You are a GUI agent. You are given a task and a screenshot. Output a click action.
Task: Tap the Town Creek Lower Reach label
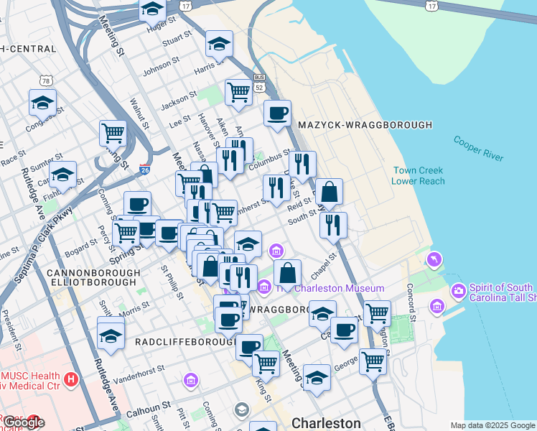point(418,175)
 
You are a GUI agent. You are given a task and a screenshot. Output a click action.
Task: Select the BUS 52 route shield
point(259,81)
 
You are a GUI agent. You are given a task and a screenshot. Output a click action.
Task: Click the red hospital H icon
point(70,379)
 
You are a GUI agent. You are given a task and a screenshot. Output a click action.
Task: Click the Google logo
point(23,422)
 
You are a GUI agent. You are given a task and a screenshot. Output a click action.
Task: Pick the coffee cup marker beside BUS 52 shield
point(277,112)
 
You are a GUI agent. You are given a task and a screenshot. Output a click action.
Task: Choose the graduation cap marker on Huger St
point(152,9)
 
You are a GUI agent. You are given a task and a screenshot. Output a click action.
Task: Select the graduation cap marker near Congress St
point(43,101)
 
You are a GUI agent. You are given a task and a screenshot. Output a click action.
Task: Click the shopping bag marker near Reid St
point(329,192)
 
